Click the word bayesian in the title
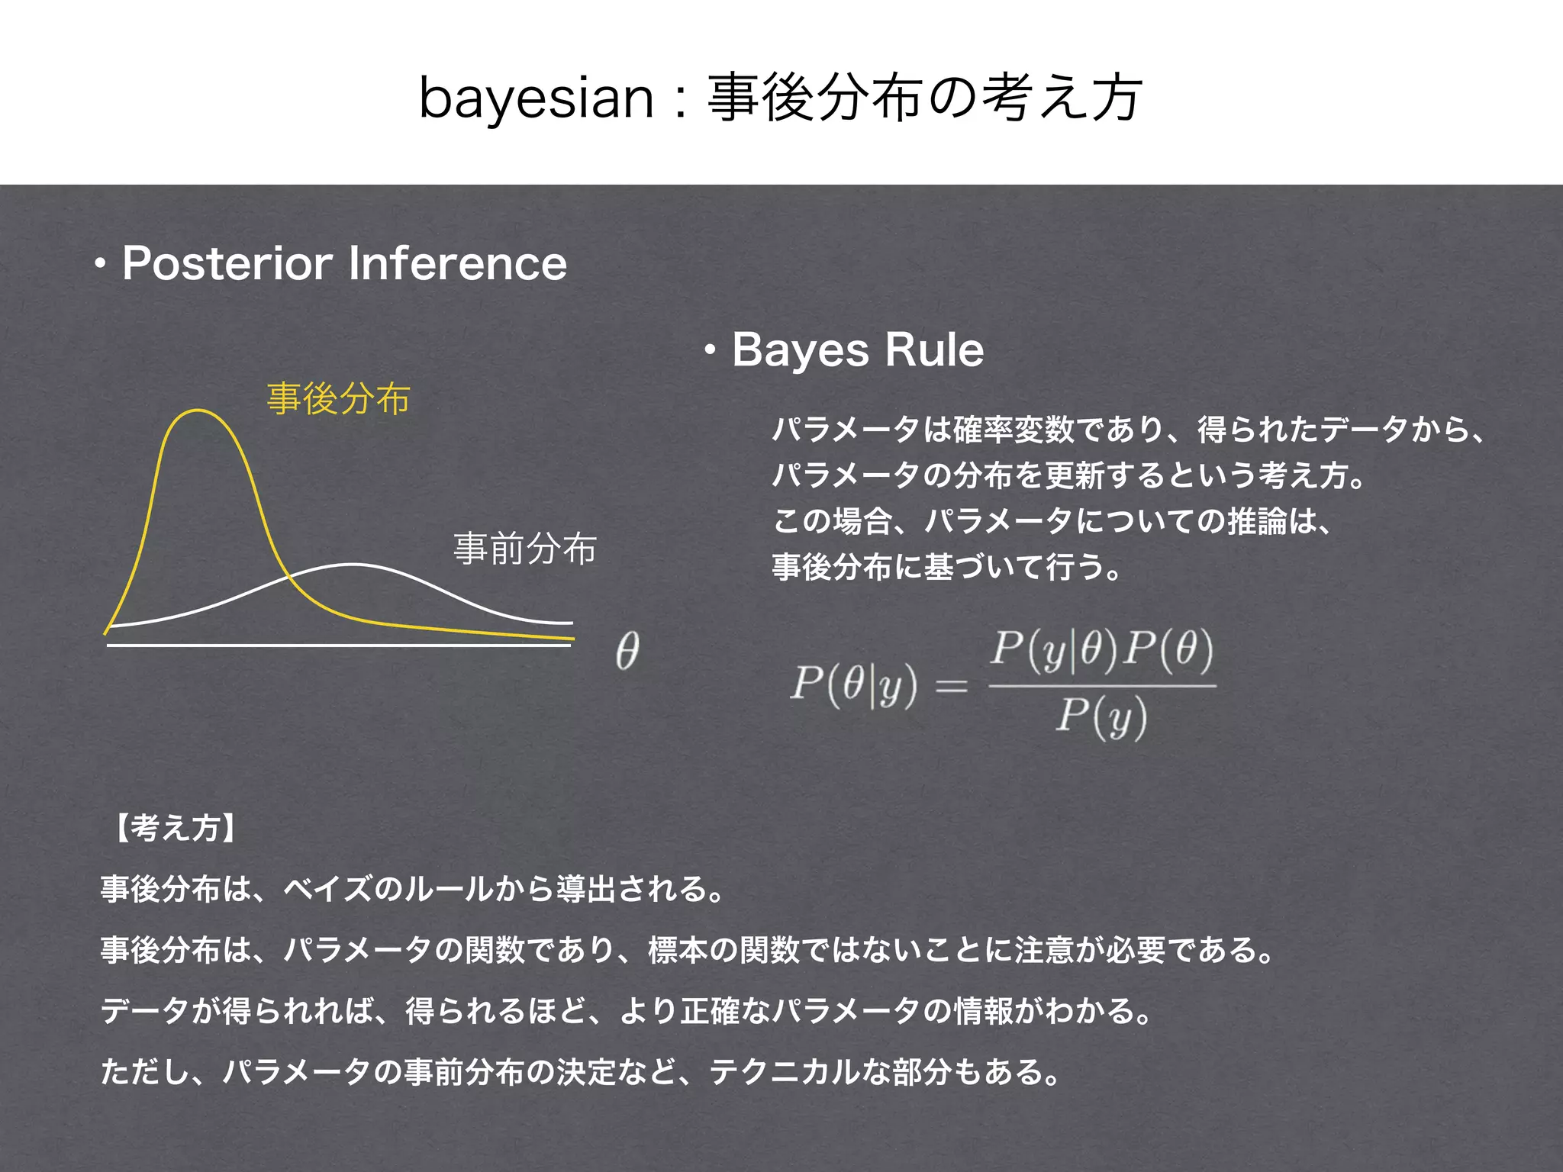(x=537, y=99)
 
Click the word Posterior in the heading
(x=227, y=263)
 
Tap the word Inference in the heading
(x=457, y=263)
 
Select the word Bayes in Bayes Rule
(x=801, y=350)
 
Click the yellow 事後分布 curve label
(x=338, y=399)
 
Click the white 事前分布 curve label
(x=525, y=549)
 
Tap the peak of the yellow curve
(x=198, y=411)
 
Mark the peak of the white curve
(x=353, y=565)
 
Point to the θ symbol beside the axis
(x=627, y=652)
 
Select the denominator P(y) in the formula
(x=1101, y=717)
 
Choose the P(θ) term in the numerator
(x=1168, y=651)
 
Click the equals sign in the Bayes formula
(x=952, y=686)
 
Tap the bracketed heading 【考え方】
(x=176, y=828)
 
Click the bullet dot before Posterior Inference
(x=99, y=265)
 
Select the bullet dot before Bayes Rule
(x=710, y=351)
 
